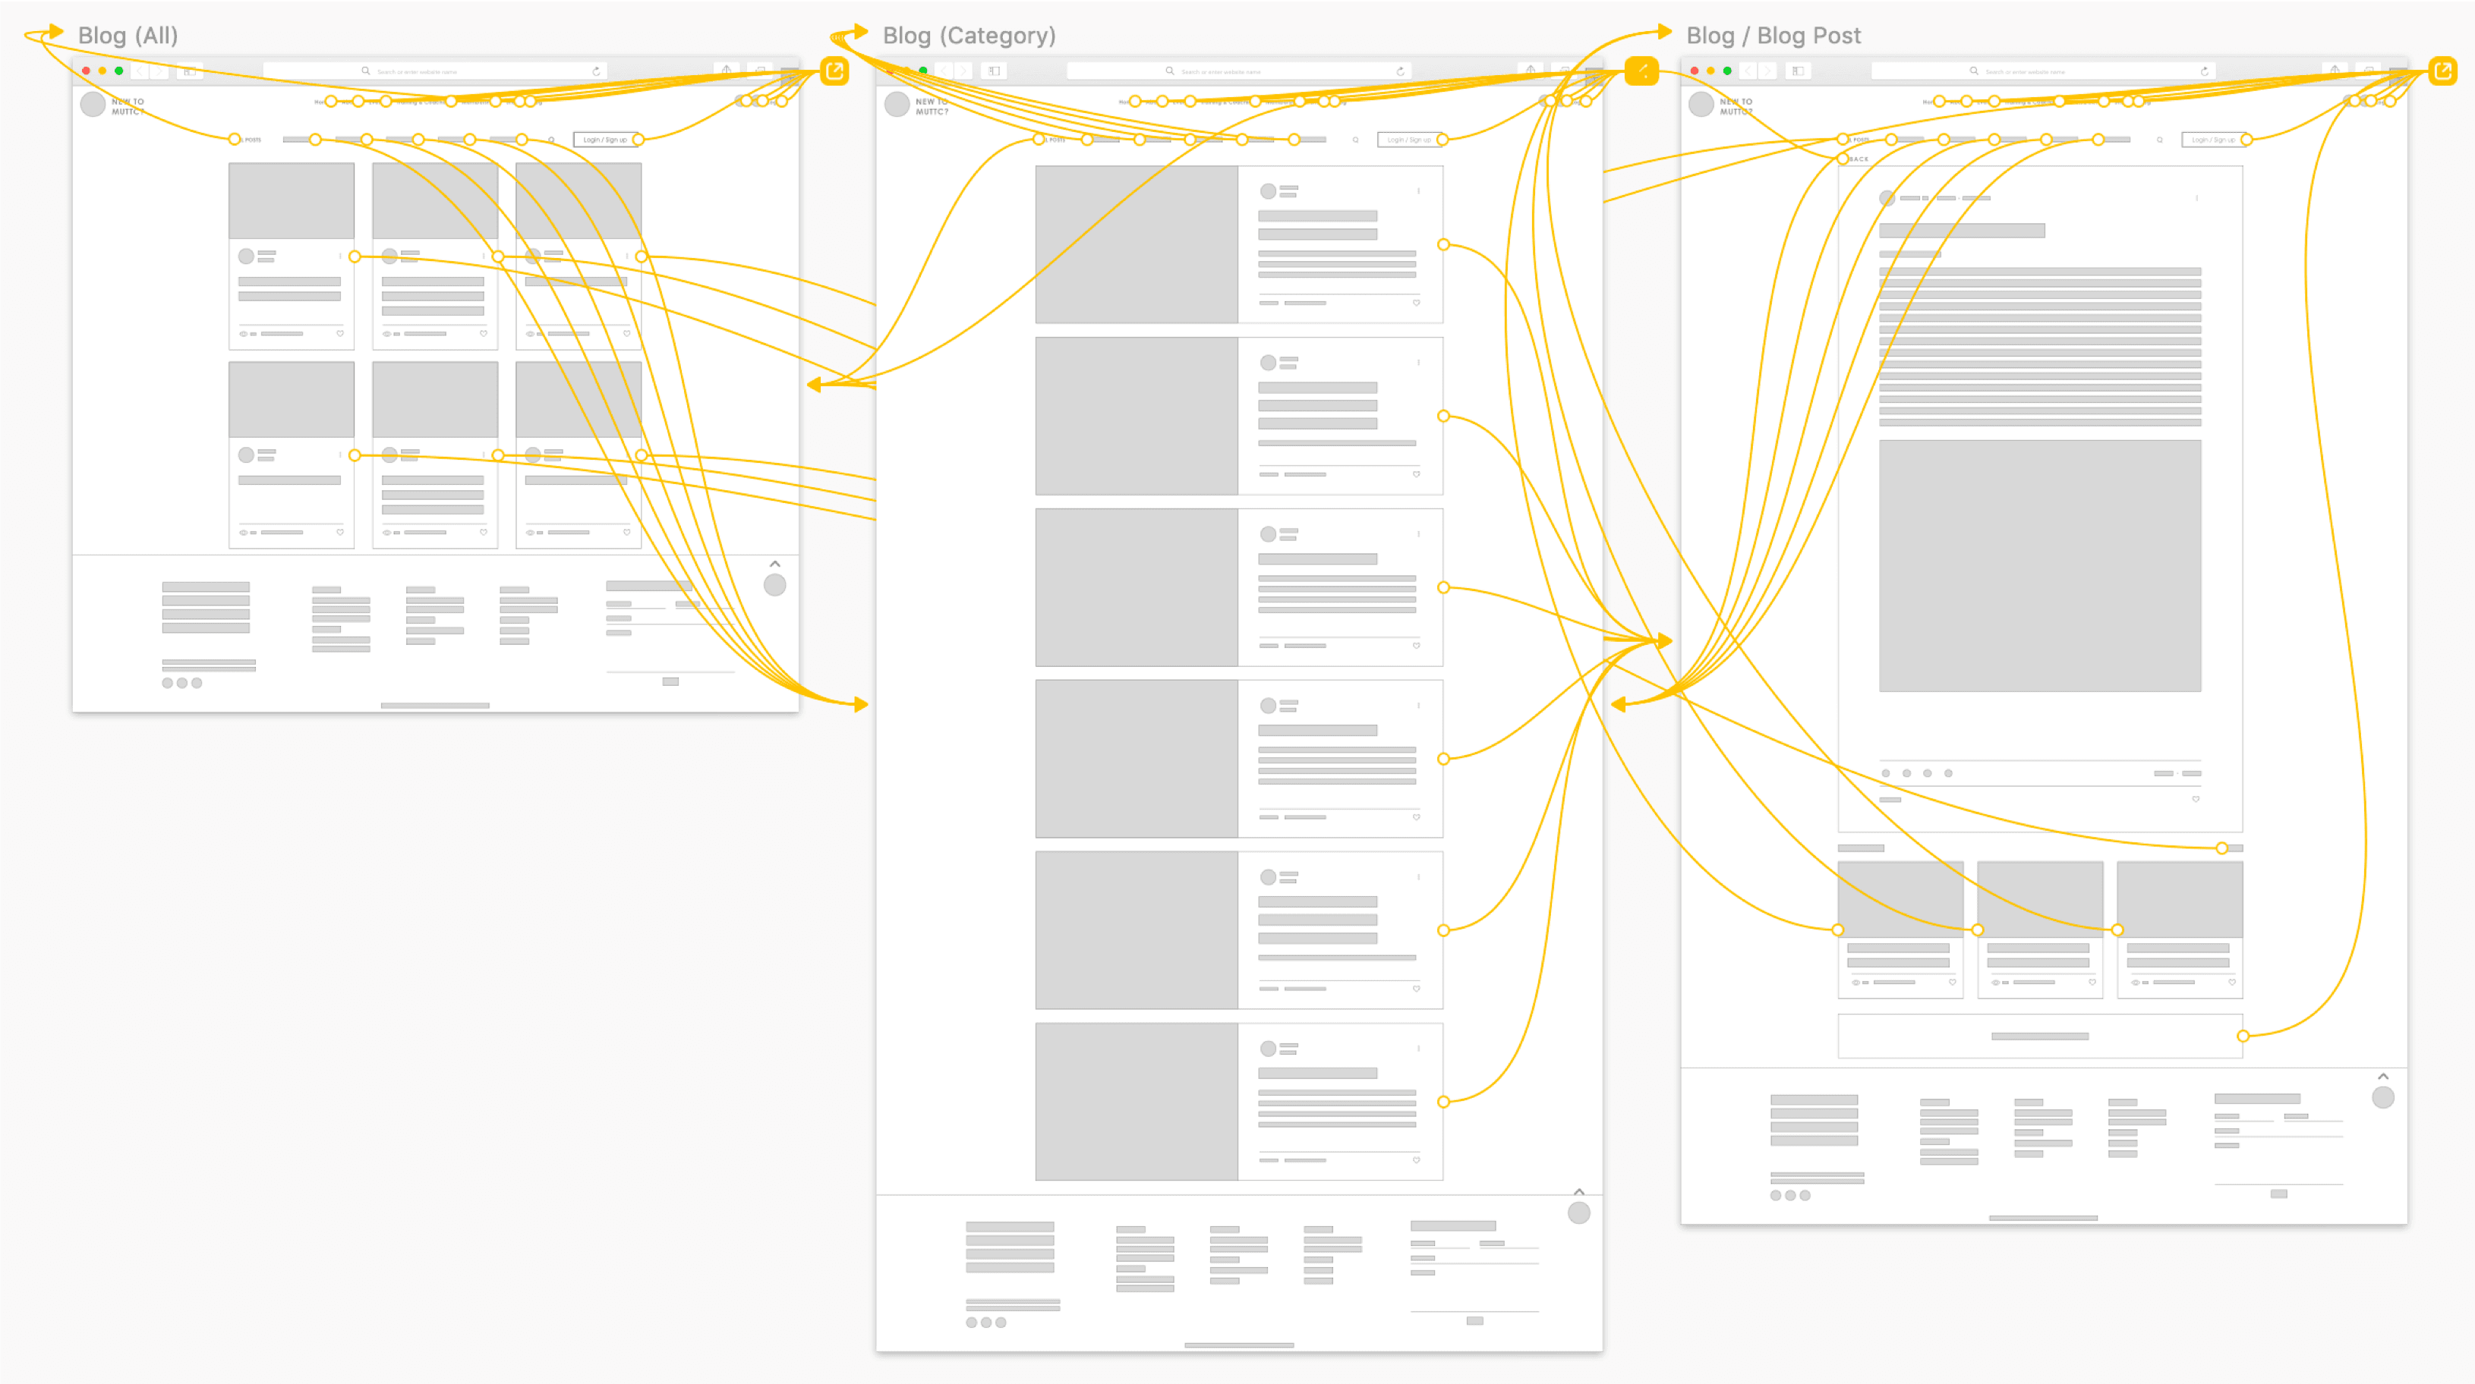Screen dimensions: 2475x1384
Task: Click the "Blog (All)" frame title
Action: pos(128,36)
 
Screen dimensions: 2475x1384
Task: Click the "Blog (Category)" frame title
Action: pos(969,36)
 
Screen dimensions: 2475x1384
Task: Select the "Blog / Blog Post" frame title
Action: pos(1773,36)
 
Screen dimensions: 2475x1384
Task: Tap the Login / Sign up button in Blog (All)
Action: pos(604,140)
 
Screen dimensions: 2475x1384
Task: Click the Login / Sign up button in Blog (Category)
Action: pos(1408,140)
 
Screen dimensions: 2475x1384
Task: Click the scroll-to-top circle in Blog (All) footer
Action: pos(774,585)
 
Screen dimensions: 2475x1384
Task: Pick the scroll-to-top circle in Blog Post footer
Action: pos(2383,1097)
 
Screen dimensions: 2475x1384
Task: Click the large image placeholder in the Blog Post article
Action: pos(2038,566)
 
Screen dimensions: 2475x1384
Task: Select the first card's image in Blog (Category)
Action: pos(1137,244)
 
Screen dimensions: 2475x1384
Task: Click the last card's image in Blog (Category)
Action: pos(1137,1102)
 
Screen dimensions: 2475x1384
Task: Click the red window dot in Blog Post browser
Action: pos(1694,71)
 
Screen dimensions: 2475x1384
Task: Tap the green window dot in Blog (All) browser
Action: pos(119,71)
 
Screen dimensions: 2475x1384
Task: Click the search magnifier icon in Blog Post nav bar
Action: pos(2159,140)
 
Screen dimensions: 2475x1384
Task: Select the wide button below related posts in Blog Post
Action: pos(2038,1036)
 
